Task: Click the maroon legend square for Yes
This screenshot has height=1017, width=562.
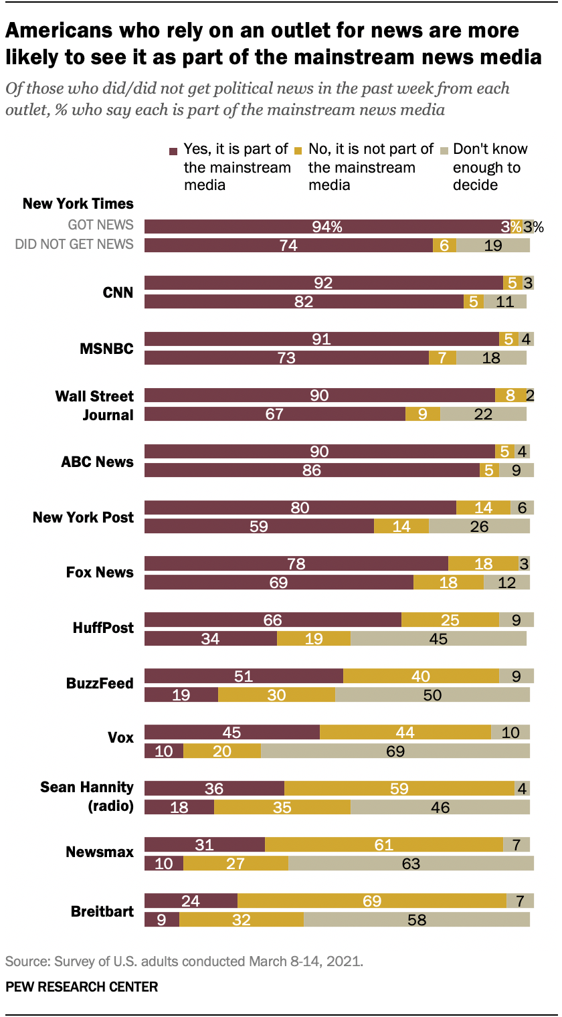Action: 173,151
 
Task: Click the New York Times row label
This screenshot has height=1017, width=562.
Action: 78,203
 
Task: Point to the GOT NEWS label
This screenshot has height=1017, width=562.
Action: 100,225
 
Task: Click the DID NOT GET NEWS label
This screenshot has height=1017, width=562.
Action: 74,245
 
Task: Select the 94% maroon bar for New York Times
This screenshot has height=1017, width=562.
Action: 326,227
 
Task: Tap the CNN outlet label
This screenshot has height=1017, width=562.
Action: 118,292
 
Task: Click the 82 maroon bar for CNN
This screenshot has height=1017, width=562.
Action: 304,302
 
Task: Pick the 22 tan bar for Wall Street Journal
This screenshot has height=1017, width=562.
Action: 483,414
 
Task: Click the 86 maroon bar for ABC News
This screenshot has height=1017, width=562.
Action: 312,470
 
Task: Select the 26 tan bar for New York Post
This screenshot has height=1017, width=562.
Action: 479,526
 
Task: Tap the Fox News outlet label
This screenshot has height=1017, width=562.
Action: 100,573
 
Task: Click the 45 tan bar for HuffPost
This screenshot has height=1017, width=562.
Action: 438,638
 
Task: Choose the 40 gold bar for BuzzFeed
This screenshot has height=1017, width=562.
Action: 421,676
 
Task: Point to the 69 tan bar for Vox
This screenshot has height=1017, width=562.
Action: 395,751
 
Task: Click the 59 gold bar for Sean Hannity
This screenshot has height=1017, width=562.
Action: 399,788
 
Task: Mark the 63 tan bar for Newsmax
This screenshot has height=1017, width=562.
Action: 411,863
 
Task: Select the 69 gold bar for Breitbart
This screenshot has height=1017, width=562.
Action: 372,901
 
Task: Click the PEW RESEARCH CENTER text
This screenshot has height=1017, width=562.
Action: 82,987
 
